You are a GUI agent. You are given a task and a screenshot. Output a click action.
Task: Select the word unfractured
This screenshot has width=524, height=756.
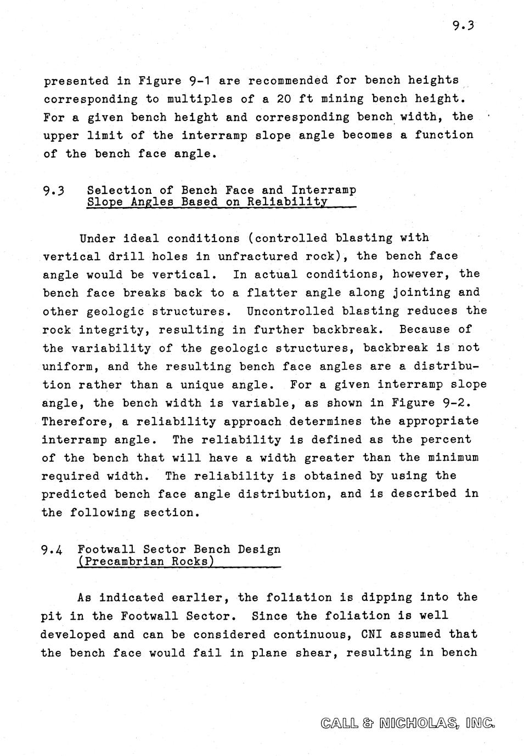point(257,256)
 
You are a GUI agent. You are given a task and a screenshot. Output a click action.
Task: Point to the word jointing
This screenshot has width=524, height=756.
point(421,293)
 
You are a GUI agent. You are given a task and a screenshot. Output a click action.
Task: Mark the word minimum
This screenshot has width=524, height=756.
point(453,458)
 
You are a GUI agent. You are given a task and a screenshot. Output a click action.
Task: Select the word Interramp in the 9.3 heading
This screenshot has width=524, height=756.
point(324,190)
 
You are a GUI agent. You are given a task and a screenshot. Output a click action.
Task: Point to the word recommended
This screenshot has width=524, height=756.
point(288,81)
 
